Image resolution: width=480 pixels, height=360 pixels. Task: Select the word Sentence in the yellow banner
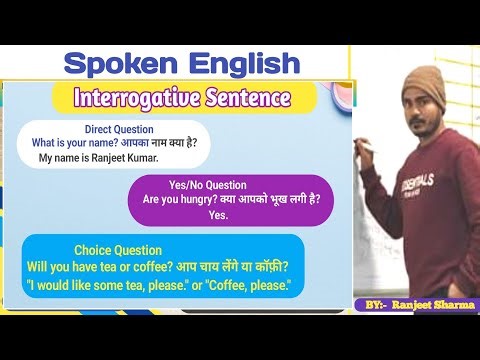click(x=245, y=98)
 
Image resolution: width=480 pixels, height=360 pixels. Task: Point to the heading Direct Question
click(x=119, y=130)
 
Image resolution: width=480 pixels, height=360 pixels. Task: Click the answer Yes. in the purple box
click(x=219, y=215)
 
